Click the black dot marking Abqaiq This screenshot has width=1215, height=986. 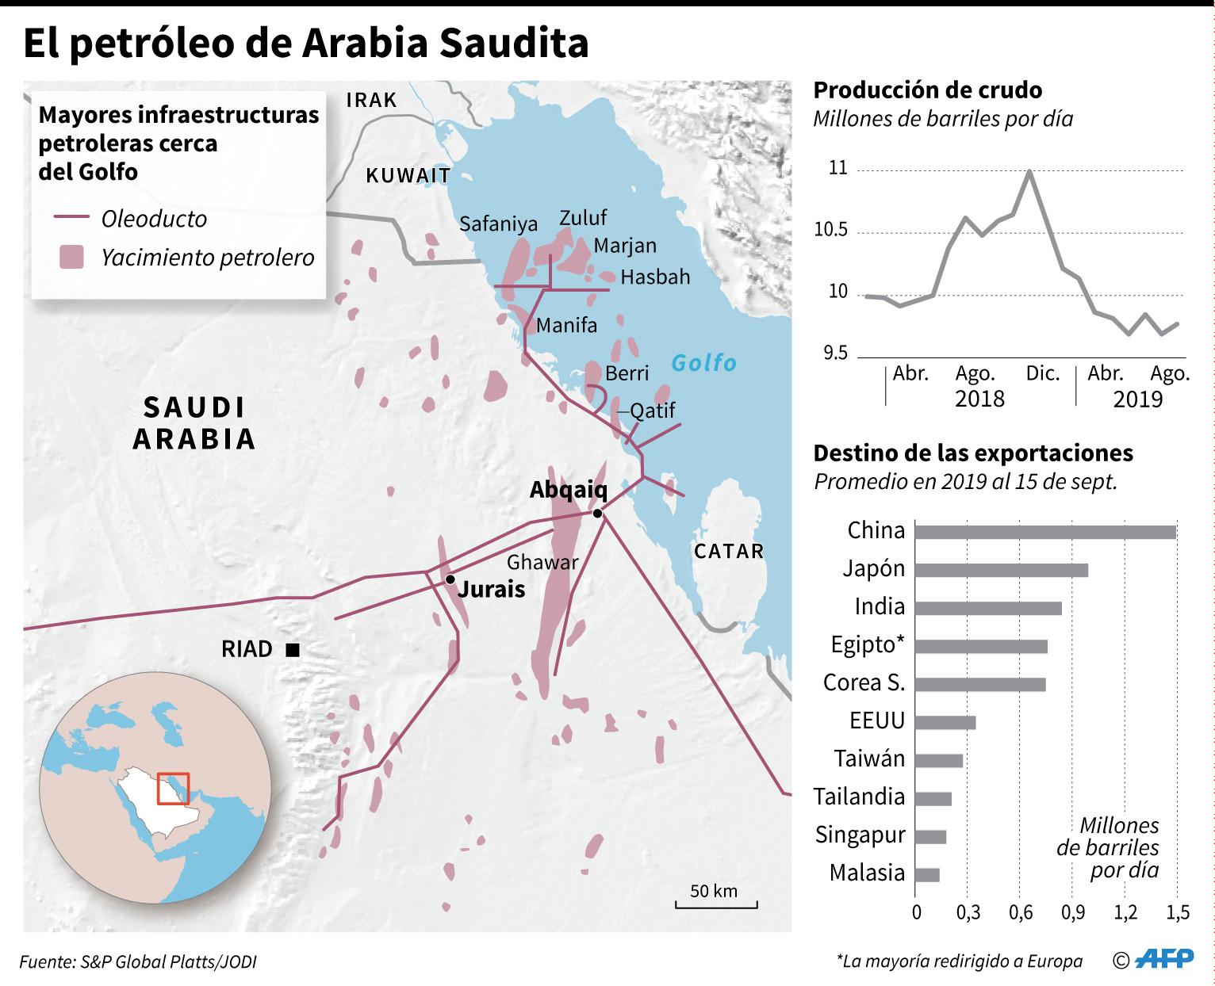point(597,514)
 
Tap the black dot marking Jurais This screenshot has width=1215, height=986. point(450,579)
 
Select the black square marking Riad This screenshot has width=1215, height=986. point(292,650)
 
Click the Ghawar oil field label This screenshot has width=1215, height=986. point(542,562)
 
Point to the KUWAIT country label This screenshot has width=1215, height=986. point(408,176)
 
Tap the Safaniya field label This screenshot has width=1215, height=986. point(498,224)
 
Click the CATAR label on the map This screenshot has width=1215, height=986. point(728,552)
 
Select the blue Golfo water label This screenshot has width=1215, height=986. point(703,363)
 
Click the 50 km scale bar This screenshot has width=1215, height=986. point(716,903)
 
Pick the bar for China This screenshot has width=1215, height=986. point(1044,531)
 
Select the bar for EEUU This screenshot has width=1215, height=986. point(945,722)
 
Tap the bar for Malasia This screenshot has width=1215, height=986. point(927,874)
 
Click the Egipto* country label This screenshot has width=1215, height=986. point(868,644)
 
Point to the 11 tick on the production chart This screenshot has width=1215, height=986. point(837,169)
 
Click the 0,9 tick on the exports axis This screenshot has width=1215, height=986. point(1073,912)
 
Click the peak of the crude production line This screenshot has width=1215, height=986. point(1029,170)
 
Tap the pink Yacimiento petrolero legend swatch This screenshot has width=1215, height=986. point(71,257)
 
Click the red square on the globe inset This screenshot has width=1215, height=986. point(173,788)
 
